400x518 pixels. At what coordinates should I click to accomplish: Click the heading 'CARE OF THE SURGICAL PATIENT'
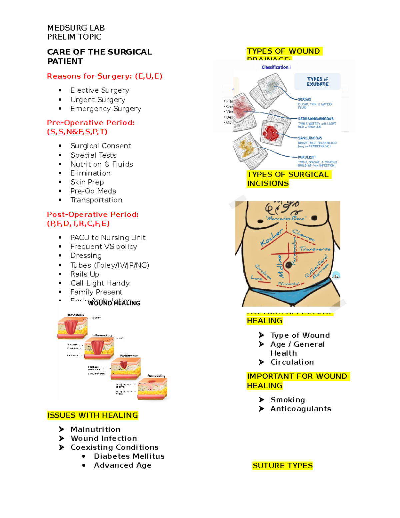tap(99, 56)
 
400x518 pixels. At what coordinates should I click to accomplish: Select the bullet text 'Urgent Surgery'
tap(98, 100)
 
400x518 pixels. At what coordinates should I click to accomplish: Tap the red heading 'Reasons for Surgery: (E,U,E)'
tap(104, 76)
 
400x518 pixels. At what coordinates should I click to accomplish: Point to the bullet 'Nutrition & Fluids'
tap(101, 164)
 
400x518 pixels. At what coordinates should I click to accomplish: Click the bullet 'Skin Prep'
tap(87, 182)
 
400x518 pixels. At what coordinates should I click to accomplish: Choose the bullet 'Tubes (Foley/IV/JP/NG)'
tap(110, 265)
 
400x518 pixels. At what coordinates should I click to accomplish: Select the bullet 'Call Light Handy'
tap(100, 283)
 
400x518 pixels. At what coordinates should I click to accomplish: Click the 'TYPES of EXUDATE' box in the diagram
tap(317, 82)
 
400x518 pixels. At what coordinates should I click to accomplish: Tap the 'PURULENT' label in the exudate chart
tap(307, 157)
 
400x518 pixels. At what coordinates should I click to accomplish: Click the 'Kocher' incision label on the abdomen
tap(271, 238)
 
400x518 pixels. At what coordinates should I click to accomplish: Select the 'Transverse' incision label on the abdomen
tap(315, 249)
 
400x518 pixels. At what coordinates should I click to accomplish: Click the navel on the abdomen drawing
tap(288, 265)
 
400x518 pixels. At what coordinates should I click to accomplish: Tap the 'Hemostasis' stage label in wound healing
tap(75, 315)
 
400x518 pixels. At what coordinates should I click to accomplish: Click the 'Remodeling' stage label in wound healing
tap(156, 376)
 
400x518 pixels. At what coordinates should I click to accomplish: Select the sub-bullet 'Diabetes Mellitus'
tap(129, 456)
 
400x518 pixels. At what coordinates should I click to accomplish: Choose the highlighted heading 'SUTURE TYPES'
tap(282, 466)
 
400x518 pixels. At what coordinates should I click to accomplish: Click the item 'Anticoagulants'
tap(300, 409)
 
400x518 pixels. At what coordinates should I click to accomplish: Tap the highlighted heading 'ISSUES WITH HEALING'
tap(92, 415)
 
